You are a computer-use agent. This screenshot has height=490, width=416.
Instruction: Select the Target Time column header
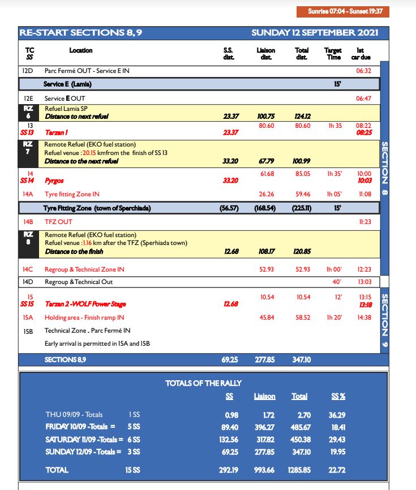coord(333,54)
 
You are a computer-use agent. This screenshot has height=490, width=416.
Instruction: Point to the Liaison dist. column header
coord(266,54)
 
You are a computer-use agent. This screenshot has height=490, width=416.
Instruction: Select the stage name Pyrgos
coord(54,180)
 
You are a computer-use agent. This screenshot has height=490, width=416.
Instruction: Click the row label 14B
coord(29,222)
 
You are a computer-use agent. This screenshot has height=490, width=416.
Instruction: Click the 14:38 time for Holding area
coord(364,317)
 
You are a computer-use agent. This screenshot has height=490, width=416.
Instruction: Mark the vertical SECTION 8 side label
coord(385,164)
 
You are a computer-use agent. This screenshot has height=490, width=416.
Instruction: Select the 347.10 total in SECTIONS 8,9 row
coord(302,359)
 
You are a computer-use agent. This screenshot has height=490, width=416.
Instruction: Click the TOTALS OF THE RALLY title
coord(200,383)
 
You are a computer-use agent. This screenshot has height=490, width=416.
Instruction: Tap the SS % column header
coord(338,397)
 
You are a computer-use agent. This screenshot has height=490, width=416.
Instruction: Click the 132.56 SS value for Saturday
coord(228,439)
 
